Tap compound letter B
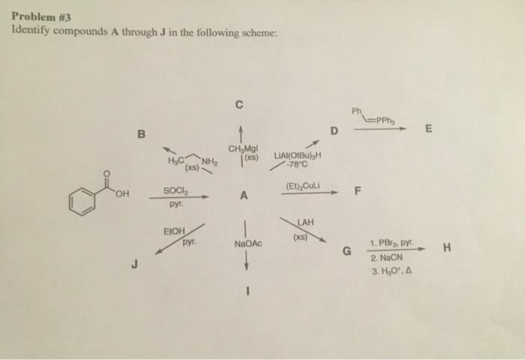[139, 135]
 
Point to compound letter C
[238, 105]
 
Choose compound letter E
[428, 129]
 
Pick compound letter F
[358, 192]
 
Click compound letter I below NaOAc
[244, 292]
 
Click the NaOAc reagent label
[247, 244]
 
